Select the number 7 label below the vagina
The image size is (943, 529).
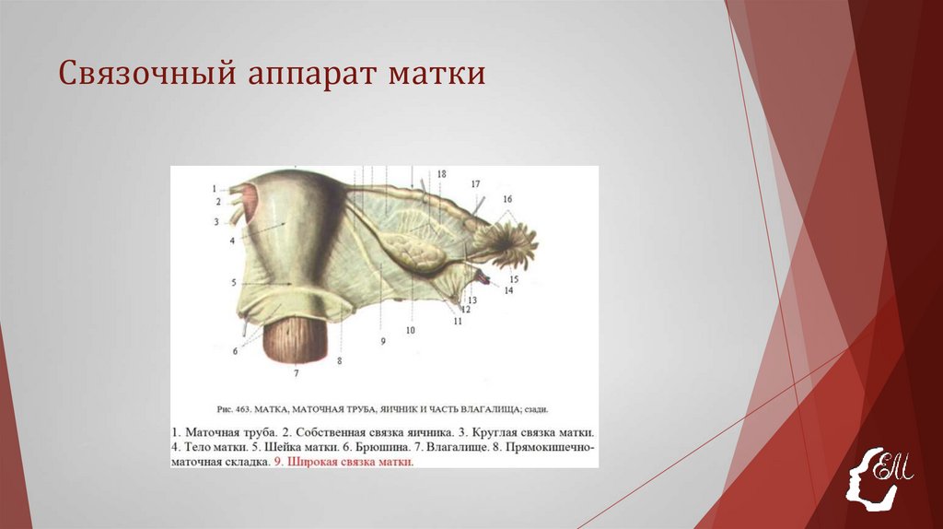(296, 373)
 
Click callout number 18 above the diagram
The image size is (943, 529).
(441, 174)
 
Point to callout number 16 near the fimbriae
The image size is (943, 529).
(507, 199)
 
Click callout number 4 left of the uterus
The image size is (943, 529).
(232, 241)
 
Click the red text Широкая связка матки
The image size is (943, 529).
(350, 463)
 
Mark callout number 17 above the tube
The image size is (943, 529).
(475, 184)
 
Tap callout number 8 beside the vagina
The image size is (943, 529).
(339, 361)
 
